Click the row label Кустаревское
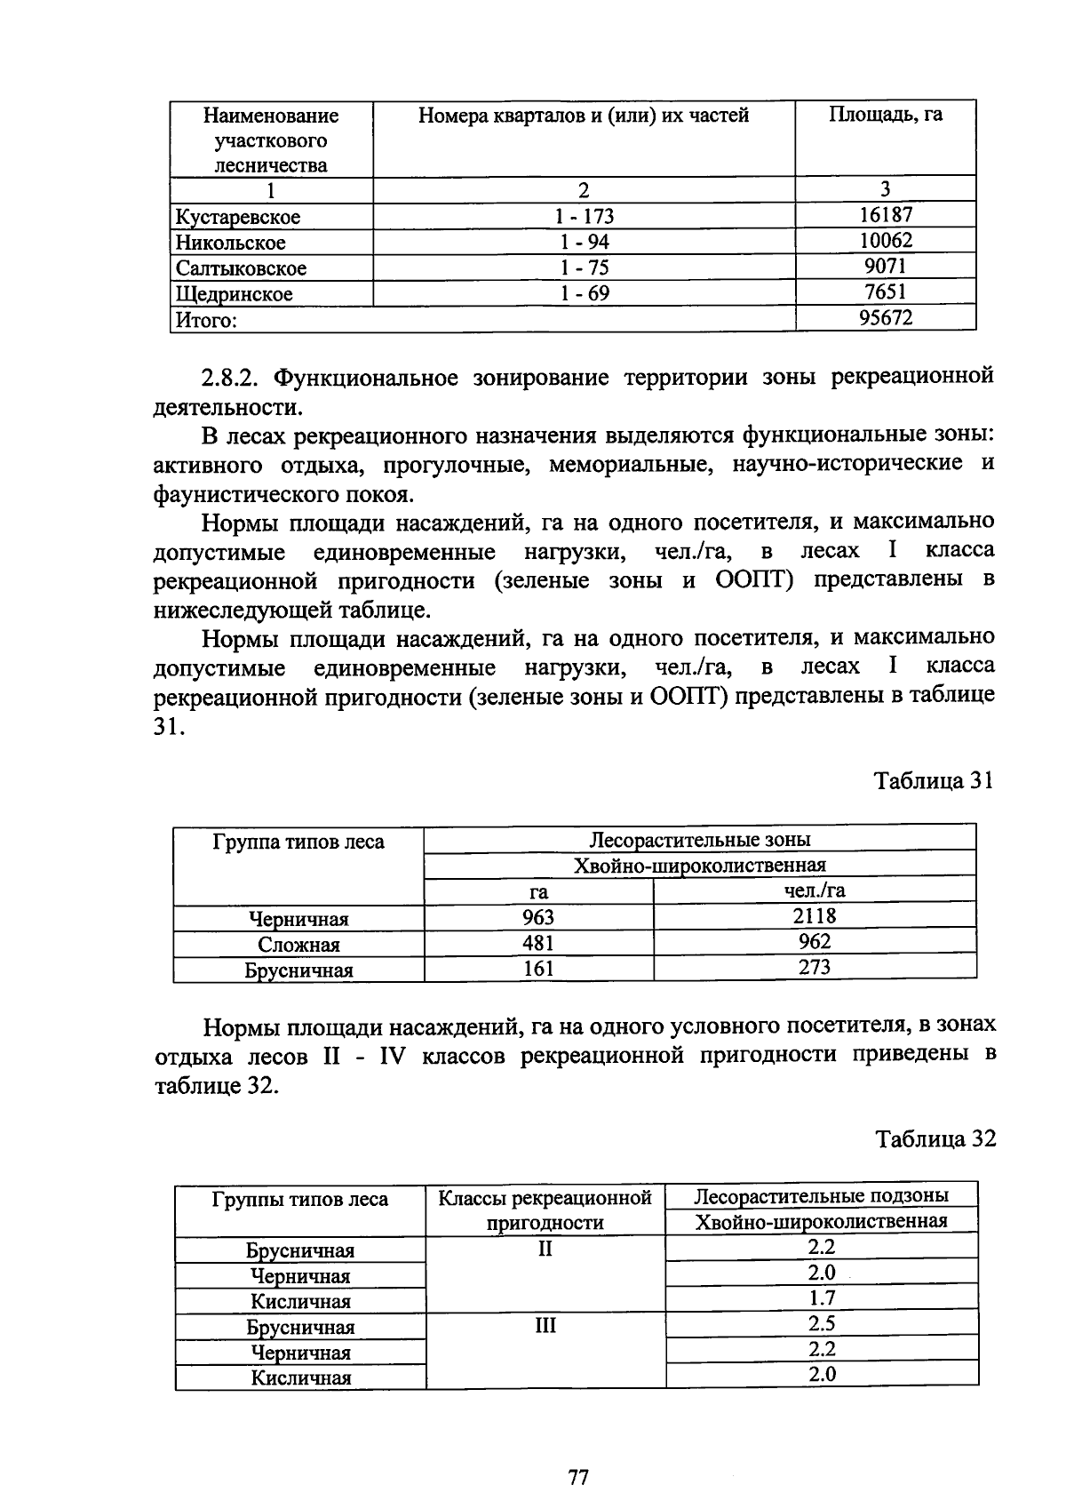coord(238,217)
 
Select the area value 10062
coord(885,241)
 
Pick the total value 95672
coord(885,317)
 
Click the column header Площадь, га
coord(885,115)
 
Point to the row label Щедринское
coord(234,294)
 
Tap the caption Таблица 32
coord(935,1138)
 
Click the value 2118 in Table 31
coord(814,916)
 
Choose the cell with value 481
coord(538,943)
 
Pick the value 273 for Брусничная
coord(814,968)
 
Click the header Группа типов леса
coord(298,842)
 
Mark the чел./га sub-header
coord(814,890)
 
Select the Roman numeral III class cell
coord(545,1325)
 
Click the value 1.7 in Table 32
coord(822,1298)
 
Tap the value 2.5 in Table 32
coord(822,1324)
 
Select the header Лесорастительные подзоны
coord(821,1195)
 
